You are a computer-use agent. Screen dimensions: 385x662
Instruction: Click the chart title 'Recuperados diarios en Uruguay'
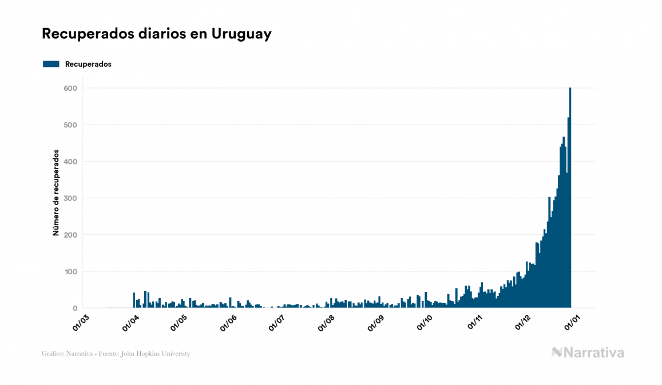(156, 34)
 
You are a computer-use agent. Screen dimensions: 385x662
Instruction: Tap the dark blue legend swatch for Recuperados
(51, 64)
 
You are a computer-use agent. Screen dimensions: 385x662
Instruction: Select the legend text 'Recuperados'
(88, 64)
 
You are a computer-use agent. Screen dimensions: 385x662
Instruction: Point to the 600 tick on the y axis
(71, 88)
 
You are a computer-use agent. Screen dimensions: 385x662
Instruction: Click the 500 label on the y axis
(71, 125)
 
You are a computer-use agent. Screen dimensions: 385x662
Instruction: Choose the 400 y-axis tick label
(71, 162)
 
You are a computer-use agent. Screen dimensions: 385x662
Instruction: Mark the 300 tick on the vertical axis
(71, 198)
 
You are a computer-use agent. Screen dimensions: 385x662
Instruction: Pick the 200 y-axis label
(71, 235)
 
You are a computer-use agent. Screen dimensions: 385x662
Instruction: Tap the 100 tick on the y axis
(71, 271)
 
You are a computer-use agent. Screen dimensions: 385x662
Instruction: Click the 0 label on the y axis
(74, 308)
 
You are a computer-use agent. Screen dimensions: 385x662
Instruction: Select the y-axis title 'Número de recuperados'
(56, 193)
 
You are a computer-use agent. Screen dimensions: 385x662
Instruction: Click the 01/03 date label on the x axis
(81, 322)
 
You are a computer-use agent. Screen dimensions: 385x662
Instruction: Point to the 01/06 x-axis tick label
(228, 322)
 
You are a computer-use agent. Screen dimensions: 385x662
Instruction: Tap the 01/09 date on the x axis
(375, 322)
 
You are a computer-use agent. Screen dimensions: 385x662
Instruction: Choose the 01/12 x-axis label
(522, 322)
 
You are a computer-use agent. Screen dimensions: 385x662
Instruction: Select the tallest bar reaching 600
(570, 200)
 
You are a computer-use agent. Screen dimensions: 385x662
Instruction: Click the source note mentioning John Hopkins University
(116, 354)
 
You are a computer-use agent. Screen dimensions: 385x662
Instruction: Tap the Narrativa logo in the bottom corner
(588, 352)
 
